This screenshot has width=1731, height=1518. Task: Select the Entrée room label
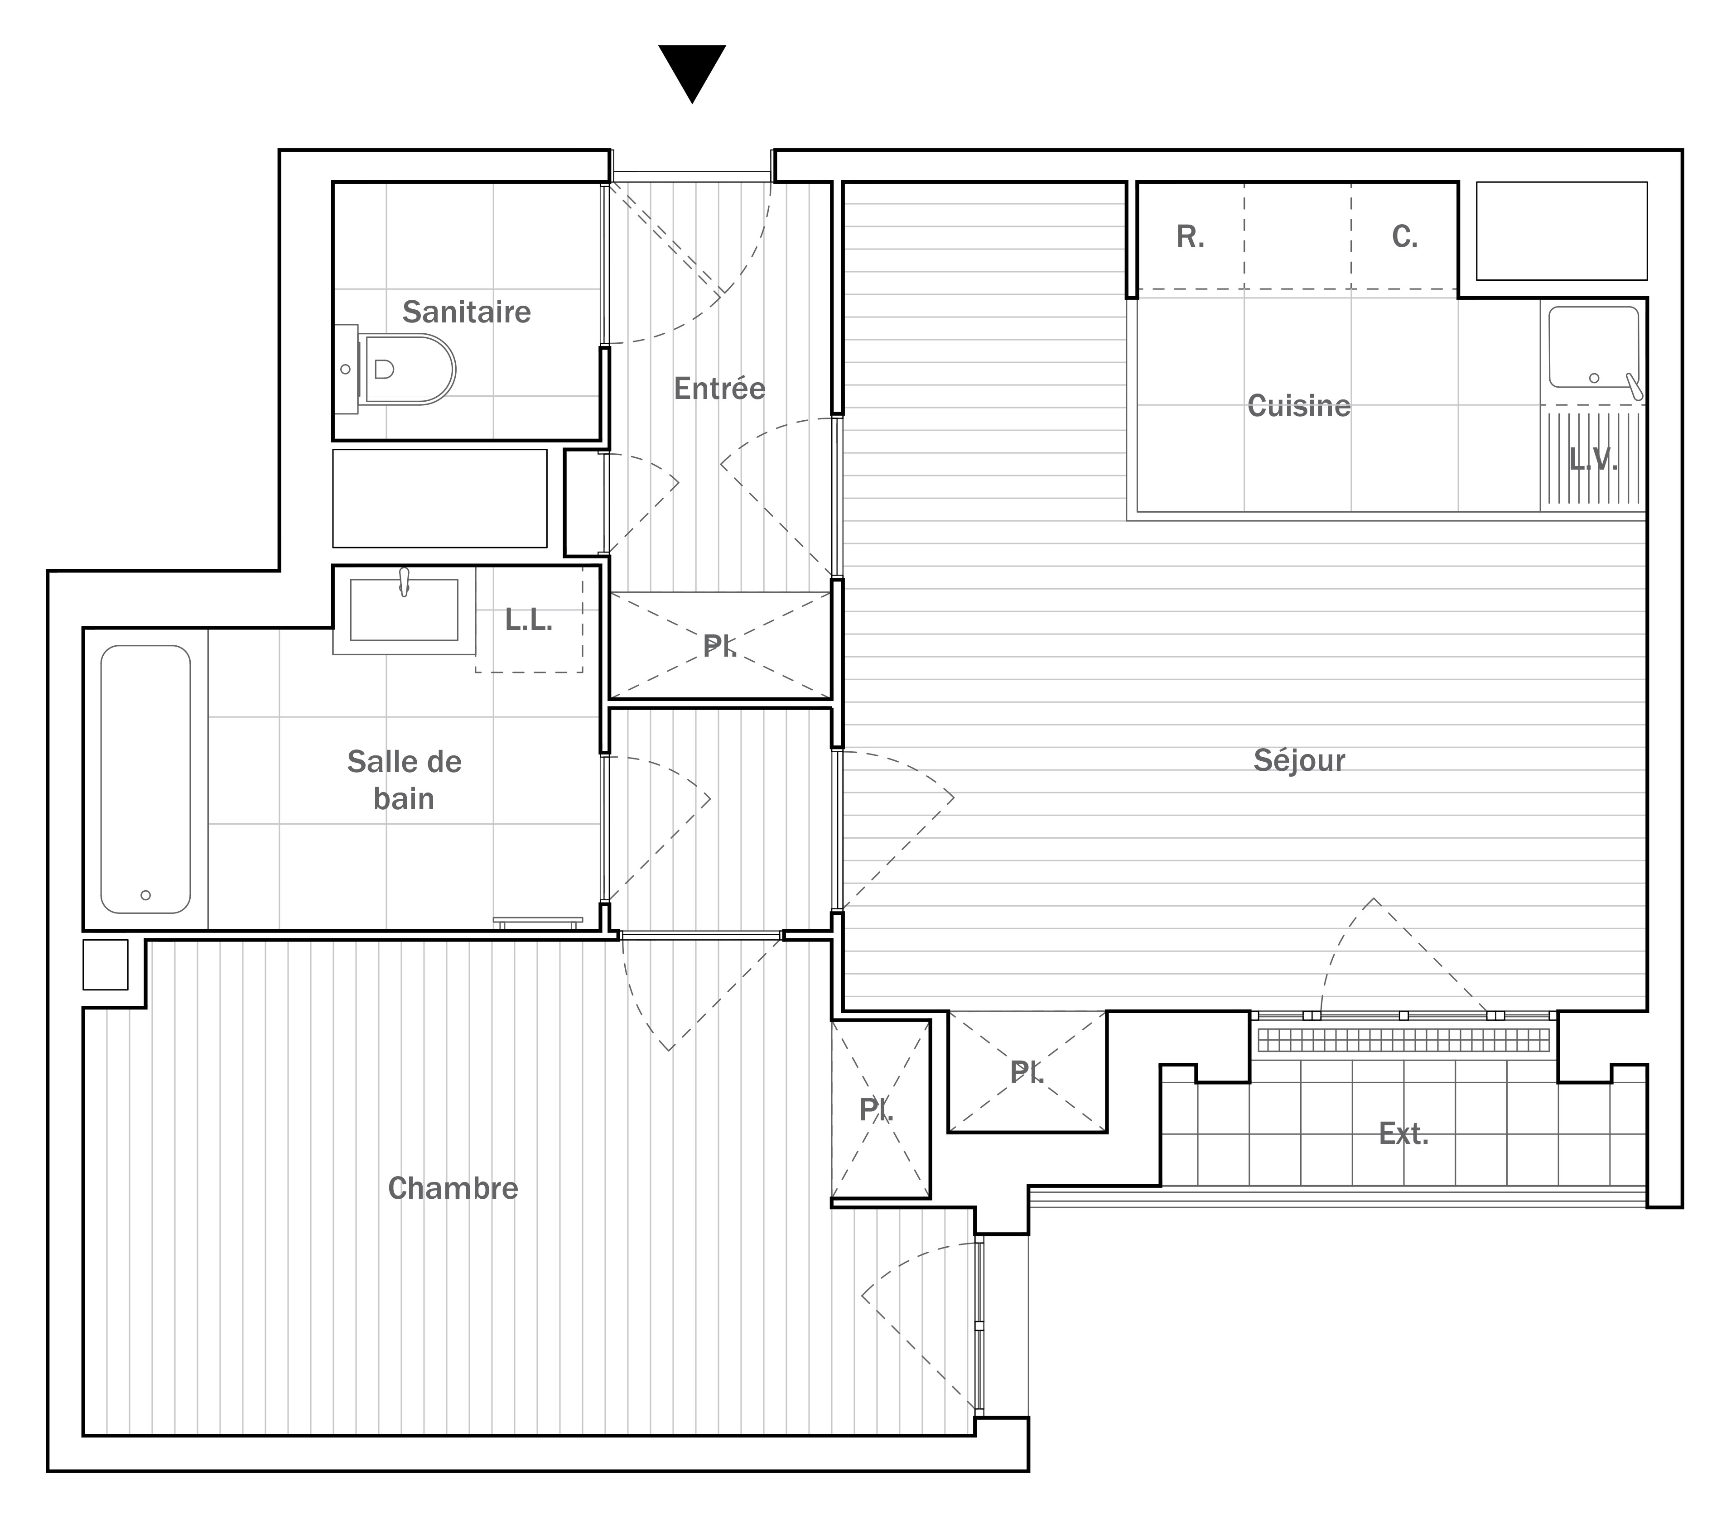(x=720, y=389)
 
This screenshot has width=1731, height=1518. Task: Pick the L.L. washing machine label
(x=529, y=620)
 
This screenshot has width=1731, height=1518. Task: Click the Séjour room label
(x=1299, y=760)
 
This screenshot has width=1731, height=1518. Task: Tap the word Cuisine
(x=1299, y=406)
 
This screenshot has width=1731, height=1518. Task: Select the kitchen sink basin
(x=1594, y=347)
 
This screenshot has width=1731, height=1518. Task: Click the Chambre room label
(x=453, y=1189)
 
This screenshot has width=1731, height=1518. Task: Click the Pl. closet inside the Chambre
(x=881, y=1109)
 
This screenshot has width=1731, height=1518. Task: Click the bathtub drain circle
(x=146, y=895)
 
